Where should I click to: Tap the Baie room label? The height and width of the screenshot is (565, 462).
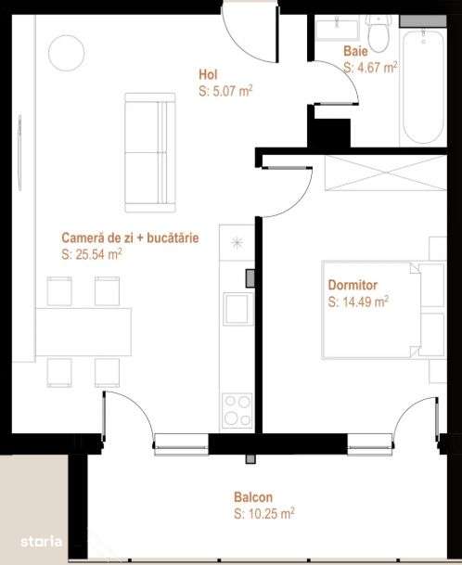354,52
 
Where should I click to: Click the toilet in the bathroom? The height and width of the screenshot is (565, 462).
378,26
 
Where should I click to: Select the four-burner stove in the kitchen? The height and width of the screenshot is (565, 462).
236,409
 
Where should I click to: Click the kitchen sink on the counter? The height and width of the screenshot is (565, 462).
236,307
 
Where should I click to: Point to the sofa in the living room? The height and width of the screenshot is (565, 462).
148,150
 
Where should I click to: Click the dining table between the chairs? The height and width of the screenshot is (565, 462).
83,330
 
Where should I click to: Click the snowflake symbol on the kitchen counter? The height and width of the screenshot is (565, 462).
236,243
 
